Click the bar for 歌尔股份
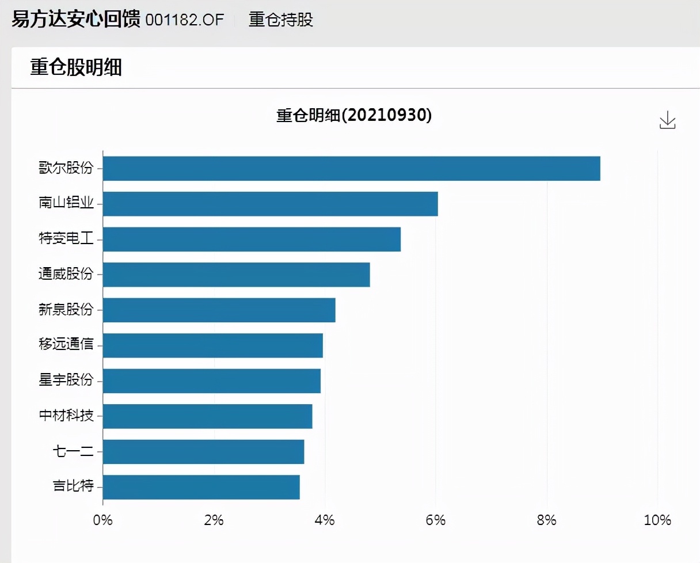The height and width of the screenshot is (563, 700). [x=351, y=168]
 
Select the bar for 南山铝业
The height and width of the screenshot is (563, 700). [x=270, y=204]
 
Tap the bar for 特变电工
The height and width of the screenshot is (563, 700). [x=252, y=239]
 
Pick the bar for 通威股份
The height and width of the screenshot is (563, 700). [x=236, y=275]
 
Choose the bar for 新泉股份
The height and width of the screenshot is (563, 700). [x=219, y=310]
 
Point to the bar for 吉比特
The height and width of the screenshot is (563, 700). [x=201, y=487]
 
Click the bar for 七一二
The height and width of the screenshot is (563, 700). [x=203, y=452]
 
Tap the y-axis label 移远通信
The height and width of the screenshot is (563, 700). [x=66, y=345]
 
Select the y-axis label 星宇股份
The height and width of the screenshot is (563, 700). [x=66, y=381]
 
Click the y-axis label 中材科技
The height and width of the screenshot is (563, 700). [x=66, y=416]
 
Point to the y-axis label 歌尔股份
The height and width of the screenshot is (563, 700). [x=66, y=169]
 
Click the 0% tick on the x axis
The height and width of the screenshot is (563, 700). [x=103, y=520]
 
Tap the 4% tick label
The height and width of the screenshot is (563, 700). [x=325, y=520]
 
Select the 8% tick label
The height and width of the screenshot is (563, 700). [x=546, y=520]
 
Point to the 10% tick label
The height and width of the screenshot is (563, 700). [x=657, y=520]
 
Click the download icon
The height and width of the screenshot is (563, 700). [x=667, y=120]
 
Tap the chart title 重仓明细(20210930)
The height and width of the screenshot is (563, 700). [x=354, y=115]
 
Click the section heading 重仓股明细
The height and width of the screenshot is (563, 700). [x=76, y=68]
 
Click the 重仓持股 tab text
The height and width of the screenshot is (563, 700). [x=281, y=20]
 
